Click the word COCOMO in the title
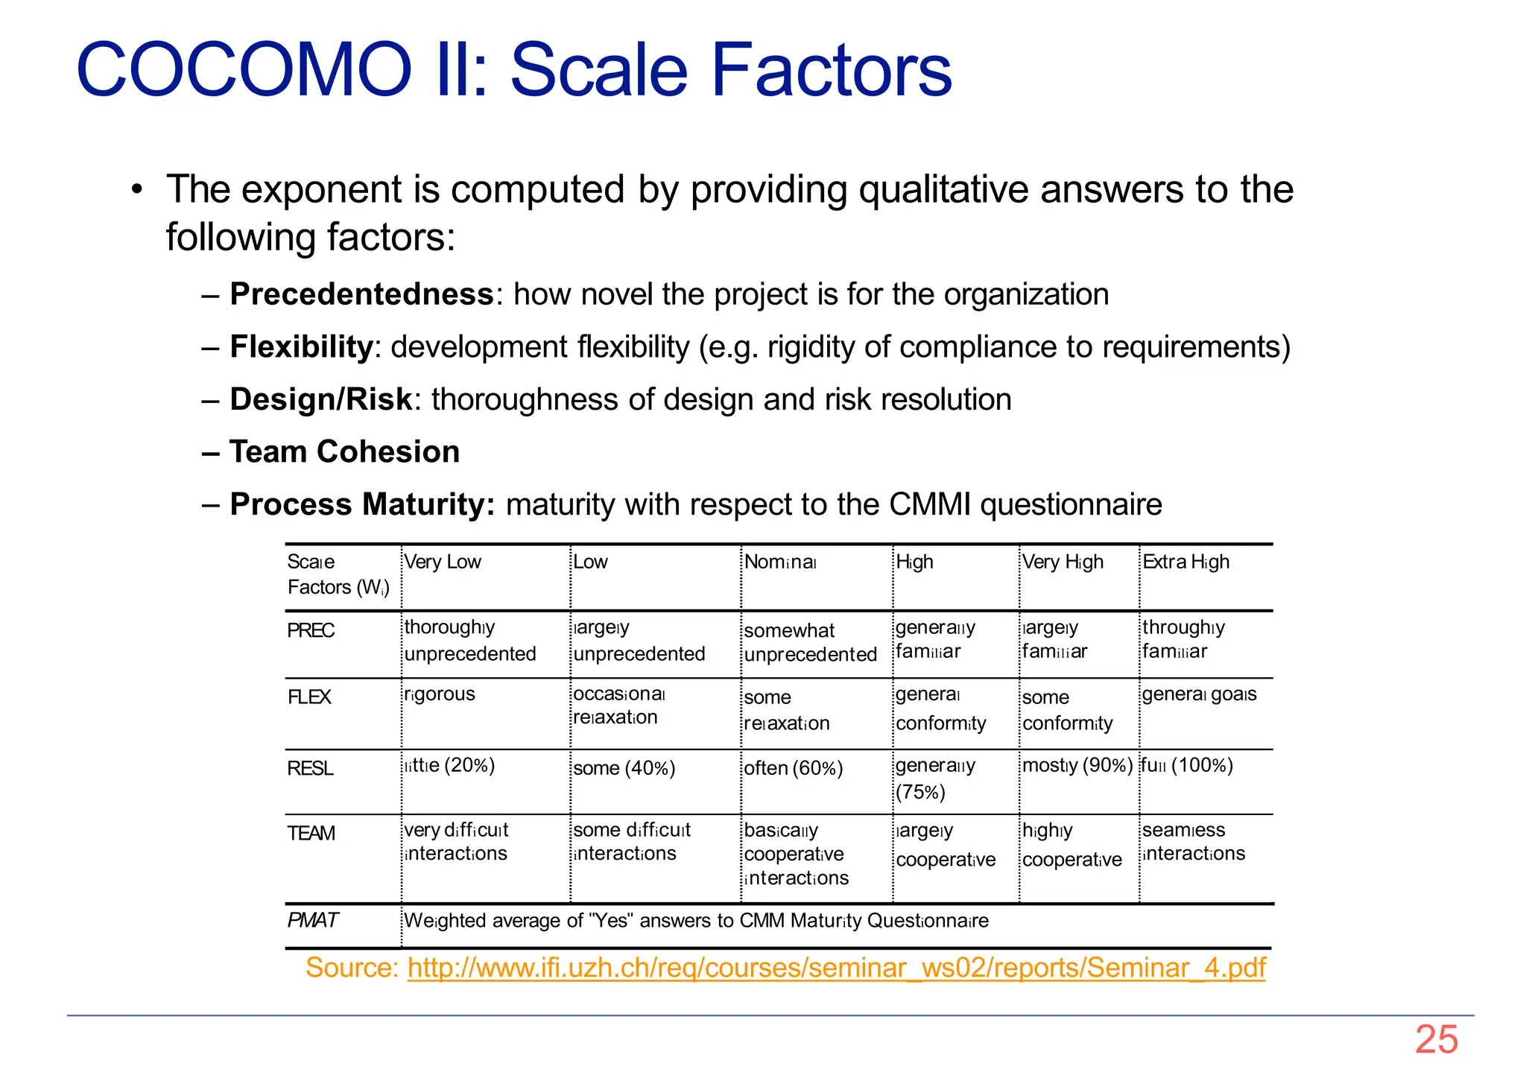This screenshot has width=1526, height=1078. pos(244,70)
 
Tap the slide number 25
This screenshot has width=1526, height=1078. pos(1436,1039)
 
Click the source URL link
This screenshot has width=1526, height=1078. pos(836,968)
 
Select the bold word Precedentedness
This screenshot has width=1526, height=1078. pos(361,294)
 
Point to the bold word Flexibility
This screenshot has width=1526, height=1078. pos(301,347)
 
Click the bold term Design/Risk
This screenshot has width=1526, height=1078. pos(321,399)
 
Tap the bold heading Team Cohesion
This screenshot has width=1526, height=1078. pos(344,452)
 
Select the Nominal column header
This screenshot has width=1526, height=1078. pos(780,562)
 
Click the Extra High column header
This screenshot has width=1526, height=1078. pos(1185,562)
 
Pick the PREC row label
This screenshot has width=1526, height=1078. pos(311,631)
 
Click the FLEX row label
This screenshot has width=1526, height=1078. pos(309,697)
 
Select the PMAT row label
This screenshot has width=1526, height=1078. pos(312,920)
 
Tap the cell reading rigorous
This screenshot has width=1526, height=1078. pos(439,694)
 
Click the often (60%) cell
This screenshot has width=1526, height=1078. pos(793,768)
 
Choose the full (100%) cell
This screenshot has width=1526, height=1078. pos(1187,766)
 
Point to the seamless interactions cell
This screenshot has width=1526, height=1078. pos(1193,842)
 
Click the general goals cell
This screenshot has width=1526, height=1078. pos(1199,694)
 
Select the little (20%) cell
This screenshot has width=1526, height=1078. pos(449,766)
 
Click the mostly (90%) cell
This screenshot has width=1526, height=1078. pos(1077,766)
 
